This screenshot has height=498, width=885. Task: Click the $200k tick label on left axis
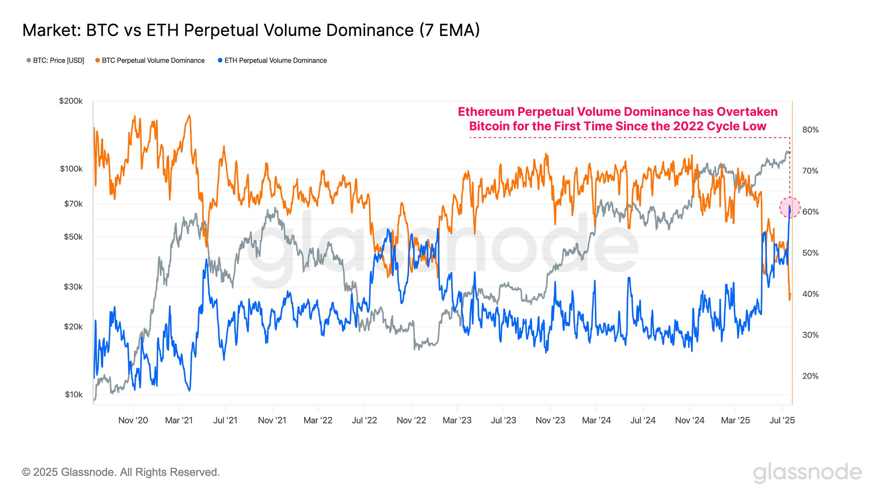(71, 101)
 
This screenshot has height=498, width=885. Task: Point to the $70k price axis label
(73, 204)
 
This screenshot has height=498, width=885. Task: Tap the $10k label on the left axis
(74, 394)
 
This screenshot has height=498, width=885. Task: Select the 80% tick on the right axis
(810, 129)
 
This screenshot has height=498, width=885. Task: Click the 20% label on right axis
(810, 376)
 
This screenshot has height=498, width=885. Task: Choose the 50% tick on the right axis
(810, 253)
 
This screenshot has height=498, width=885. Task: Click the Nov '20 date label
(133, 420)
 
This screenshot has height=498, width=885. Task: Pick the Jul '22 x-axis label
(364, 420)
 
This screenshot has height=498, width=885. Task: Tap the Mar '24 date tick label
(596, 420)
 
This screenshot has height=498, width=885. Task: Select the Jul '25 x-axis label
(782, 420)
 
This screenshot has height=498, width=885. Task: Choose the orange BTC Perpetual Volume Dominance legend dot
(97, 60)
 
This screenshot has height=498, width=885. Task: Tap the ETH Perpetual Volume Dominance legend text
(275, 60)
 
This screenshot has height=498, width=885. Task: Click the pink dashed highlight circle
(790, 207)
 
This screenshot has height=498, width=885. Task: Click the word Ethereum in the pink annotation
(486, 112)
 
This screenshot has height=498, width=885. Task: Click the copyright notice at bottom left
(121, 472)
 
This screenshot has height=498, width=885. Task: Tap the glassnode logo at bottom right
(807, 473)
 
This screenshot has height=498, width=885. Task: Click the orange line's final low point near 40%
(789, 300)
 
